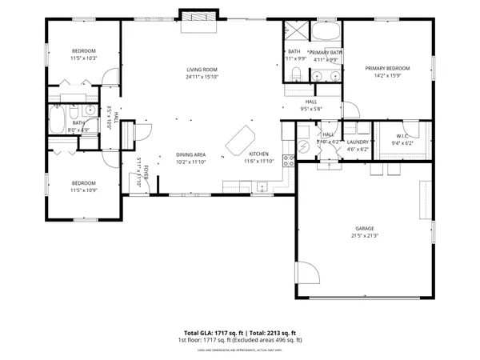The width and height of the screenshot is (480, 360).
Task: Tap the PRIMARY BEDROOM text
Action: (x=387, y=69)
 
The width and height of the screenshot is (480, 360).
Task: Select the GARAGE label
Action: (x=364, y=228)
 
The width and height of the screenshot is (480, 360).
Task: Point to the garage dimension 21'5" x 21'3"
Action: (x=364, y=236)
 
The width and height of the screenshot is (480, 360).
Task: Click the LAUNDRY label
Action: (x=357, y=142)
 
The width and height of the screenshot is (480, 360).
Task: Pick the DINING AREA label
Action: (x=191, y=154)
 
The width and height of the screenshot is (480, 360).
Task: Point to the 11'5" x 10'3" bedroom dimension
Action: (x=83, y=58)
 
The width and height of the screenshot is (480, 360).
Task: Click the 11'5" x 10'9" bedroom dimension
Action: (x=83, y=190)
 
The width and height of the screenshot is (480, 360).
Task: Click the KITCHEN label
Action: (x=258, y=154)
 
